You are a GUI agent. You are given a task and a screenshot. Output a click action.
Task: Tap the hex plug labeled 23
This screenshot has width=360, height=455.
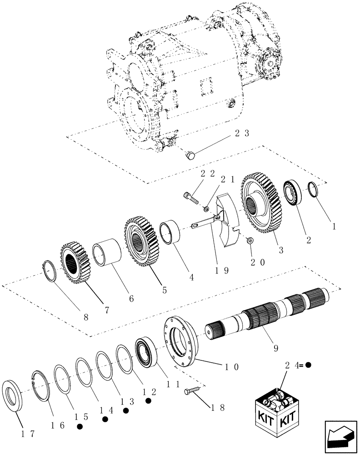190,156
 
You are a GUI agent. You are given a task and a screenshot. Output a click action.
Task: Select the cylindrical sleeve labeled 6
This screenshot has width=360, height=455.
107,253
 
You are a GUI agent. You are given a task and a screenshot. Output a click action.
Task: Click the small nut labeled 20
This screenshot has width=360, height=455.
249,240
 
